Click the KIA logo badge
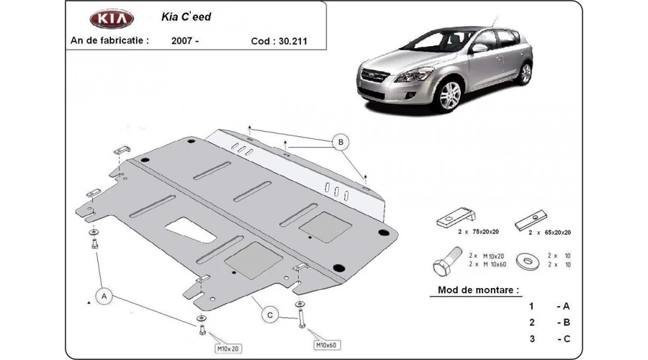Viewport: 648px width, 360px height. click(112, 19)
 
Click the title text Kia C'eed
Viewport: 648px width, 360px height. click(186, 17)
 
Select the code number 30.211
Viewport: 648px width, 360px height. click(293, 41)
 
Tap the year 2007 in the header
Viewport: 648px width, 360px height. click(182, 41)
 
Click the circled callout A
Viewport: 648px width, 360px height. click(104, 297)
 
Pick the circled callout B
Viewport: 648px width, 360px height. click(341, 142)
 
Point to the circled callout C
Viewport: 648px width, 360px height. click(270, 315)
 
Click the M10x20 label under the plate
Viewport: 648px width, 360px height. click(228, 349)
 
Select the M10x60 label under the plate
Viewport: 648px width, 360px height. click(326, 345)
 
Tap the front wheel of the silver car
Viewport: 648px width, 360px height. click(449, 95)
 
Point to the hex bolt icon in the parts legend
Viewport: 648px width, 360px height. click(447, 261)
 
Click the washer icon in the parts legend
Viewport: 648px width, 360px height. click(528, 261)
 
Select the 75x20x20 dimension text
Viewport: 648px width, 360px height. click(485, 232)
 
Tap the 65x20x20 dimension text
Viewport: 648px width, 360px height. click(557, 233)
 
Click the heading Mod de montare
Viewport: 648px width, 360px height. click(478, 289)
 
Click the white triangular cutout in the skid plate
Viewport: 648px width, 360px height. click(192, 230)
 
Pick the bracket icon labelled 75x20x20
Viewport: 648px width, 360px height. click(456, 217)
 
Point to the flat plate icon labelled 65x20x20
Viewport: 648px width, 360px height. click(531, 220)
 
